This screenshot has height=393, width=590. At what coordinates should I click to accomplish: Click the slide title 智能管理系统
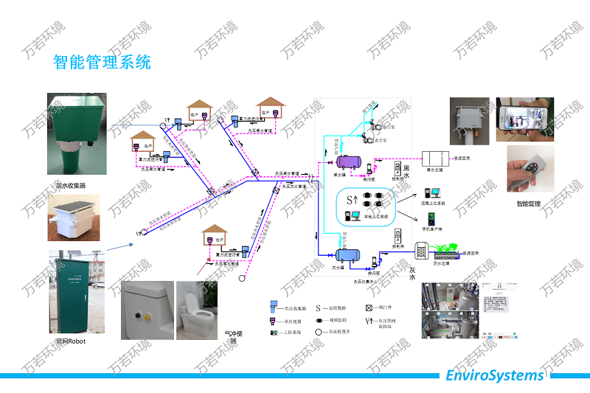tap(102, 61)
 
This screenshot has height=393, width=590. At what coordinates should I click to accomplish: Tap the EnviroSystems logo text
tap(495, 375)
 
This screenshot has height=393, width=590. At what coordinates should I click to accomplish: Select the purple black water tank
tap(345, 161)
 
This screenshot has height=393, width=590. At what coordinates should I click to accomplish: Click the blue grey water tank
tap(346, 255)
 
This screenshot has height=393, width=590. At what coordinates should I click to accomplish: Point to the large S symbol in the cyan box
tap(351, 200)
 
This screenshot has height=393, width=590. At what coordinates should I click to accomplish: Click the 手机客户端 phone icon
tap(431, 219)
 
